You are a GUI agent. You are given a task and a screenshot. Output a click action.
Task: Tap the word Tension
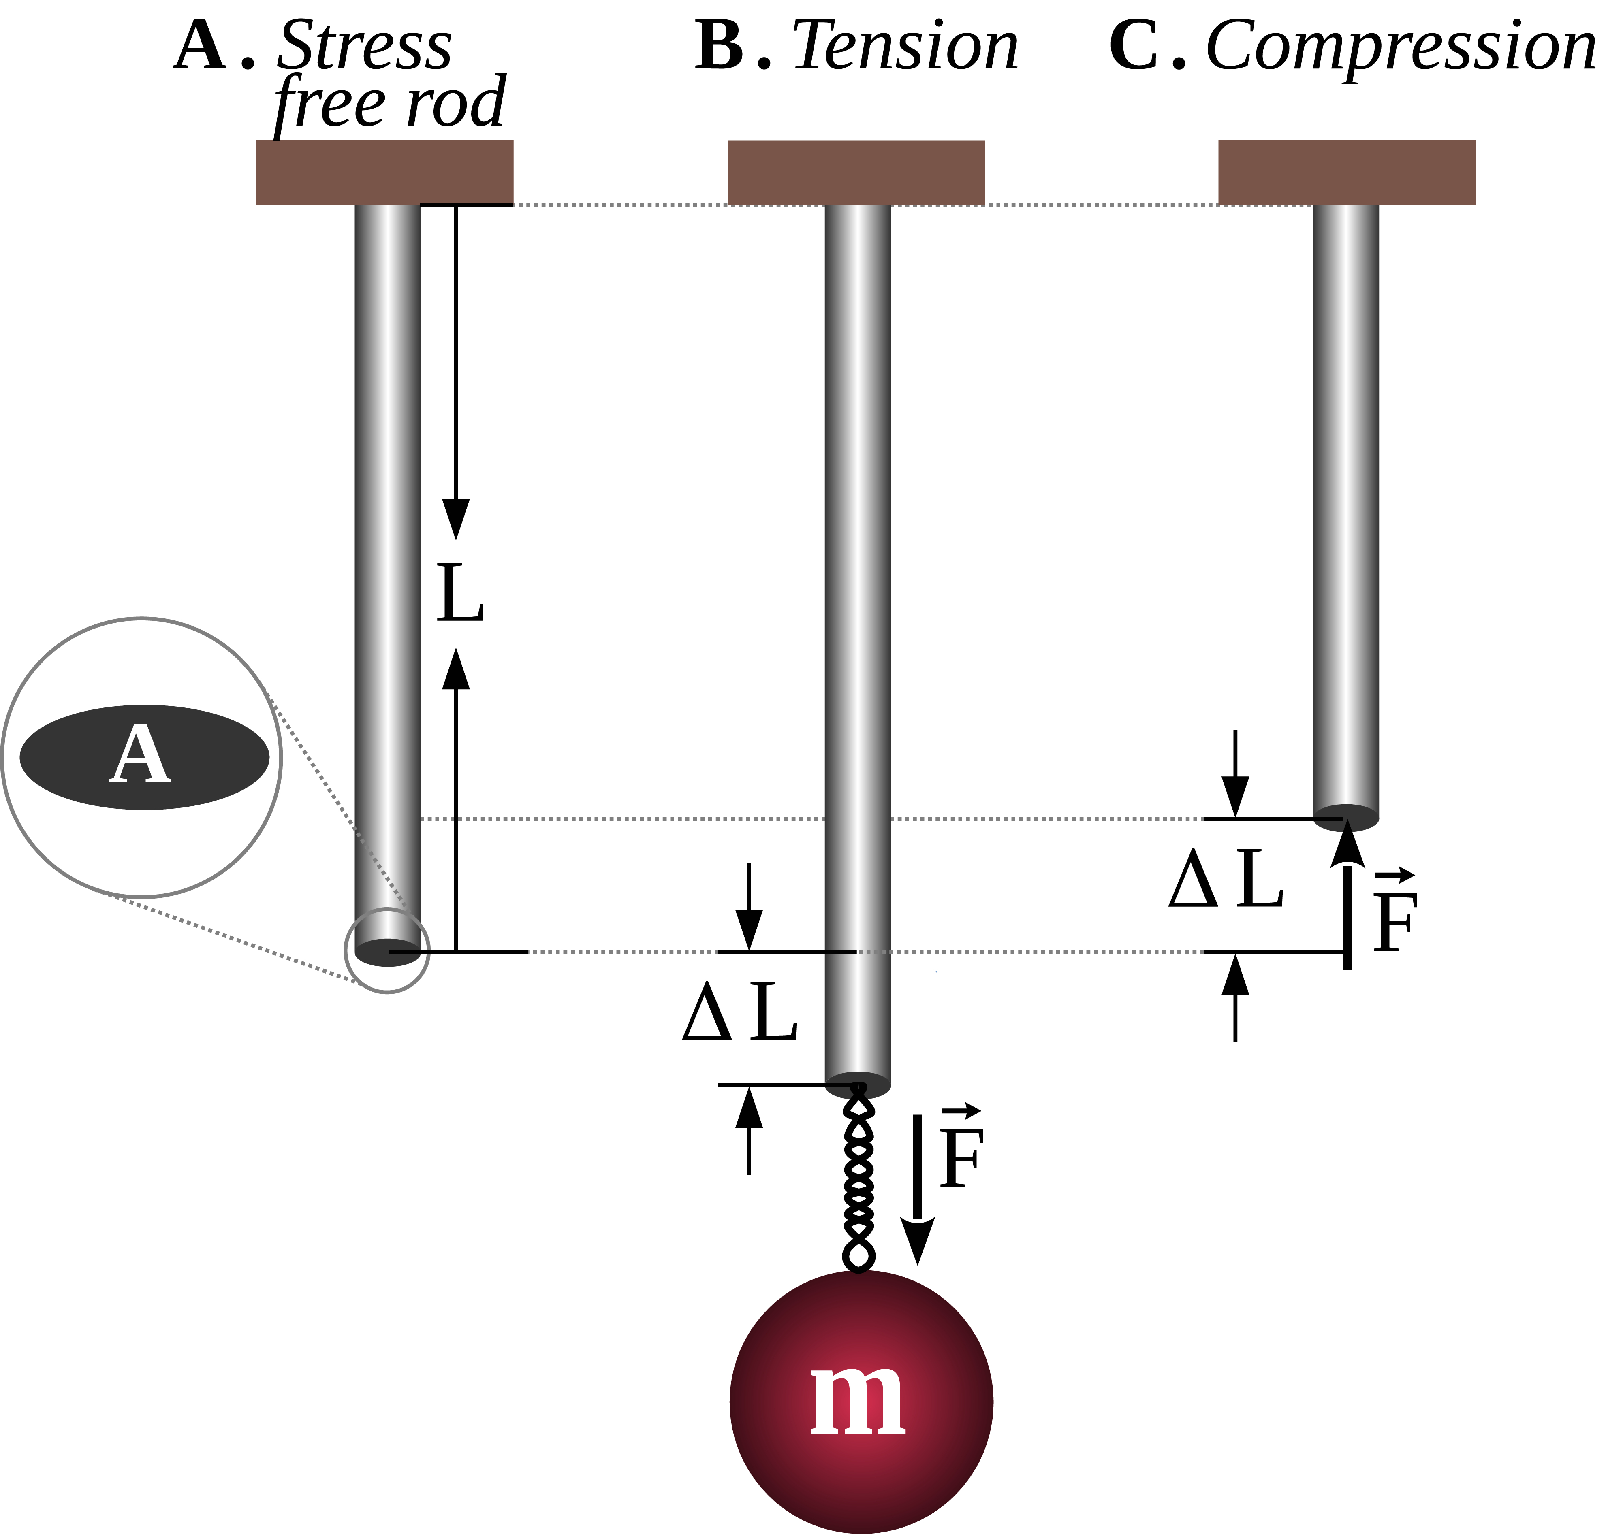pos(905,47)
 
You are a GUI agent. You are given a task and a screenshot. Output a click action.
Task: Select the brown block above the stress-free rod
pos(384,172)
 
